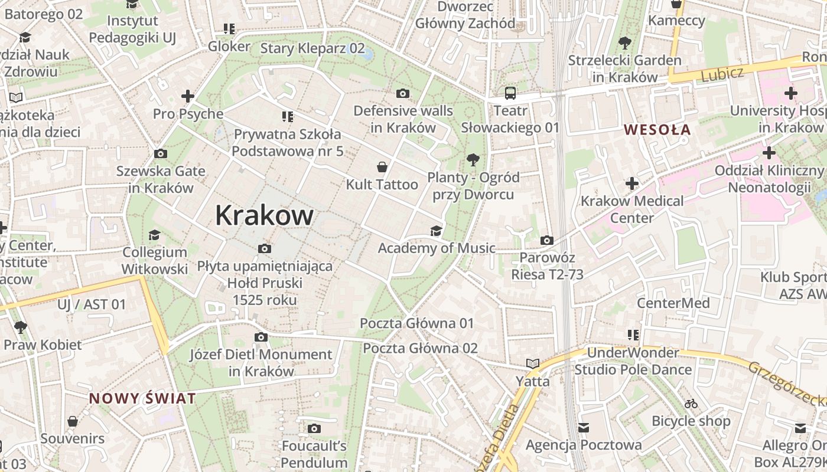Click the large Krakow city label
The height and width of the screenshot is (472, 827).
[264, 215]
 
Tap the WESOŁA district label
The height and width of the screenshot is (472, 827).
[657, 130]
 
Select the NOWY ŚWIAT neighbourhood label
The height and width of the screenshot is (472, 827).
[142, 398]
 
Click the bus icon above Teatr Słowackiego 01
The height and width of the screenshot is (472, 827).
[510, 93]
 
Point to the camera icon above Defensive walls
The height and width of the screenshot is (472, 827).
[403, 93]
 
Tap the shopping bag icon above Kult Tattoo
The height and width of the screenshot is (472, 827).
[382, 167]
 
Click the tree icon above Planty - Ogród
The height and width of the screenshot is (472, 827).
[473, 159]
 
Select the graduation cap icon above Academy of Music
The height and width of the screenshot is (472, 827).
[436, 230]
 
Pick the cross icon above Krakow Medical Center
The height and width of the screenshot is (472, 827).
[632, 183]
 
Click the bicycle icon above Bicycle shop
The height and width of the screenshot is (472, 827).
[691, 404]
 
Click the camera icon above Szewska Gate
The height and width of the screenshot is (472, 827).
[160, 153]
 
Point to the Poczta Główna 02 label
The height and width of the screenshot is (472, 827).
[420, 348]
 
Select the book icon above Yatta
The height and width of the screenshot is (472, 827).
[533, 363]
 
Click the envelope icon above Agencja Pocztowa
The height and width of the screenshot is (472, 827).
[584, 427]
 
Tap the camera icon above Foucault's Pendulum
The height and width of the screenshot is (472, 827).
[314, 428]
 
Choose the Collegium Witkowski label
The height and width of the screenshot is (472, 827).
[155, 260]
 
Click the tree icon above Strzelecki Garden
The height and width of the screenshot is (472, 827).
[624, 42]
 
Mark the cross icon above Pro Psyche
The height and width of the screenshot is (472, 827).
[188, 96]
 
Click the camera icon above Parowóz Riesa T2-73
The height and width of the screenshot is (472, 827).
[547, 240]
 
